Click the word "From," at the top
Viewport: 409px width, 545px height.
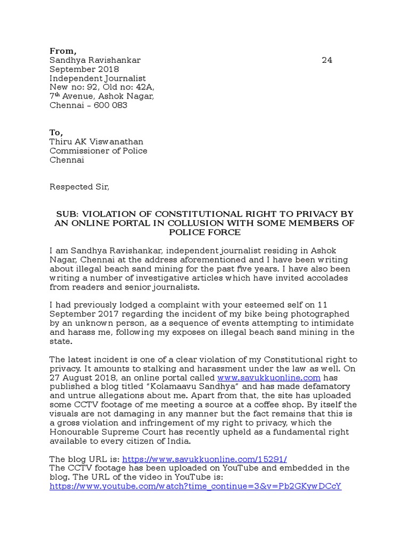(x=63, y=51)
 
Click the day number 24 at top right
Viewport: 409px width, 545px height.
(x=327, y=60)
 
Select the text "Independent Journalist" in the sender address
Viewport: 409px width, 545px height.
(x=97, y=78)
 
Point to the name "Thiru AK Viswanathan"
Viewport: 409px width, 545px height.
(x=96, y=142)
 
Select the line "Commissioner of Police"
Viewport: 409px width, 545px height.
(x=99, y=151)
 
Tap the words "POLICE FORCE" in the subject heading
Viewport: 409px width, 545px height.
(x=205, y=232)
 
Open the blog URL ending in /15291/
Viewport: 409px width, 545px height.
(x=204, y=459)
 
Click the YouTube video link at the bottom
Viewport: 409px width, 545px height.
(x=195, y=486)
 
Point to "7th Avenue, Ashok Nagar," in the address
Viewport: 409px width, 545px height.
(x=102, y=96)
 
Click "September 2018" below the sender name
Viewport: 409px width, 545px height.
(x=84, y=69)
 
